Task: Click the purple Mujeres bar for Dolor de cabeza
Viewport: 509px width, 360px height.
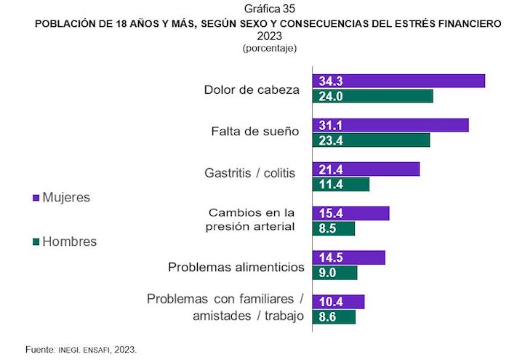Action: click(x=398, y=81)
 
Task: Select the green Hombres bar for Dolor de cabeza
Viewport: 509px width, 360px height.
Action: click(x=372, y=96)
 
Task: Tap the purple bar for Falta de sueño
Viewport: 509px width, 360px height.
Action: click(x=390, y=125)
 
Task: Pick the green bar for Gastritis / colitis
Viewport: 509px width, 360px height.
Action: click(x=340, y=184)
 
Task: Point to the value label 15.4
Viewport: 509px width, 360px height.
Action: click(x=330, y=213)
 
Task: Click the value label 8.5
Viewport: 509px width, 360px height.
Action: click(x=327, y=228)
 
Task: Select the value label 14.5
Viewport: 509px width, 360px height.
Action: click(x=330, y=257)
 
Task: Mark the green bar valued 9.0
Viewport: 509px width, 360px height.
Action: click(x=334, y=273)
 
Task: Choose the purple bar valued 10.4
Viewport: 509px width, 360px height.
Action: click(x=338, y=302)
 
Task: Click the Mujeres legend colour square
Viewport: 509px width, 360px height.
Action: click(x=36, y=198)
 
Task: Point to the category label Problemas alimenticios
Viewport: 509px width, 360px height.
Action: click(x=236, y=268)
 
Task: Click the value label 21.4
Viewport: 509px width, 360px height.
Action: click(x=330, y=169)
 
